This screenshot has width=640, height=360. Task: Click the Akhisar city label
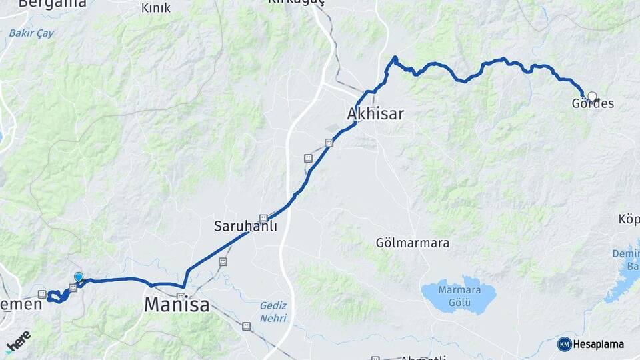[x=375, y=114]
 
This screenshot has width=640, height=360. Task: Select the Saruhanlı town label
[x=245, y=226]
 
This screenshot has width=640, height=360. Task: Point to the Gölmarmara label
[x=412, y=243]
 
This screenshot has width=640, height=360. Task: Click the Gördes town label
[x=593, y=104]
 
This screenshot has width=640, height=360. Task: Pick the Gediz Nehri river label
[x=274, y=311]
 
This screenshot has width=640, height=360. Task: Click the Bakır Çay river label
[x=31, y=33]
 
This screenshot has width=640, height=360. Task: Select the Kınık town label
[x=156, y=8]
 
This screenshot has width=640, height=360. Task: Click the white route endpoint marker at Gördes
[x=592, y=97]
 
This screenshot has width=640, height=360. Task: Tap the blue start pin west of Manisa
[x=79, y=277]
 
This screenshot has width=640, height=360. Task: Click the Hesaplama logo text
[x=599, y=344]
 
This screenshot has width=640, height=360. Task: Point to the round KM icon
[x=565, y=344]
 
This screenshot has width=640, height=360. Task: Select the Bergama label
[x=53, y=3]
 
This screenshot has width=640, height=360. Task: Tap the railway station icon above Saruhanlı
[x=264, y=218]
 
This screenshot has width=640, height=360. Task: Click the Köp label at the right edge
[x=629, y=219]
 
